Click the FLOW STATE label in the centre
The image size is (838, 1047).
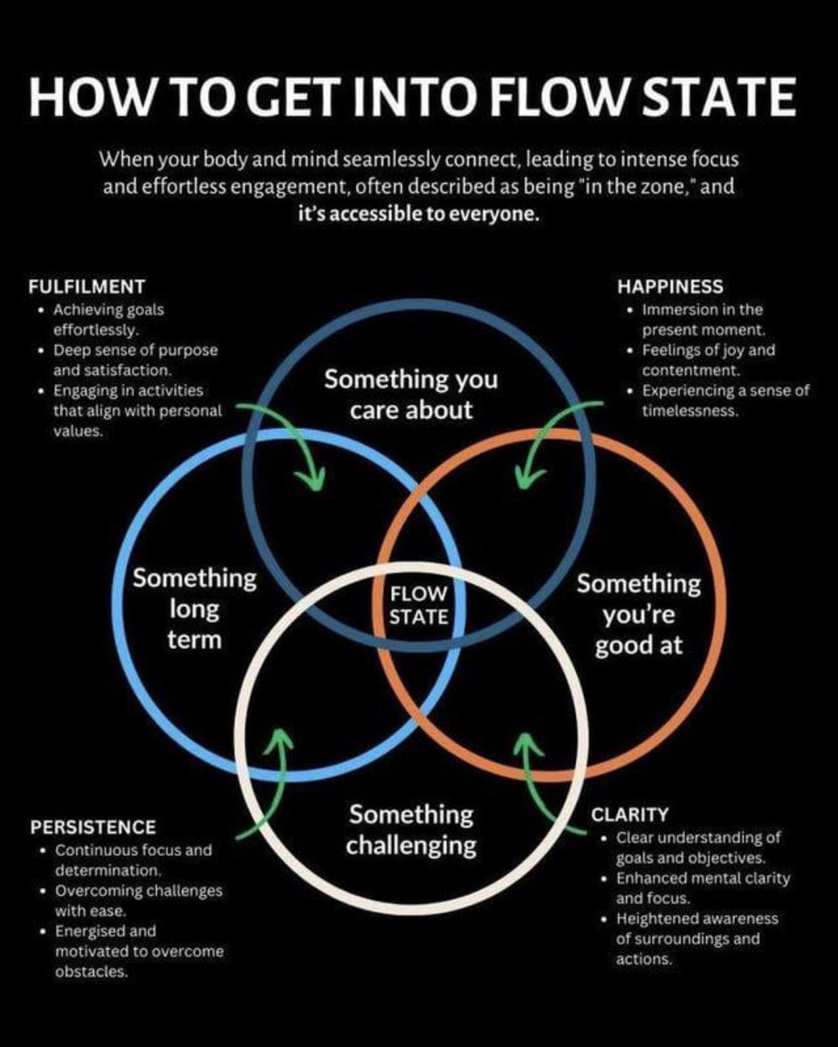[418, 605]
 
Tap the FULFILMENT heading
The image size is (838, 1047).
[86, 286]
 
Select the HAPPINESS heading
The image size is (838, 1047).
[670, 286]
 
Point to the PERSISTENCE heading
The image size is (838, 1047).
[93, 826]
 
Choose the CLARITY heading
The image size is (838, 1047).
[630, 815]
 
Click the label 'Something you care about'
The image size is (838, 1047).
[410, 394]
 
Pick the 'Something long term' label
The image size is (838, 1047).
[195, 608]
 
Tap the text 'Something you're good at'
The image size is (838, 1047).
[638, 613]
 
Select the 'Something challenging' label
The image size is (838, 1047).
[410, 830]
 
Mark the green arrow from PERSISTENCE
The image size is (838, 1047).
[271, 777]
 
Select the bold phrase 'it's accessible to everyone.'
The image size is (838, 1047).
[418, 215]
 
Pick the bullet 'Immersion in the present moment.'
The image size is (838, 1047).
[702, 320]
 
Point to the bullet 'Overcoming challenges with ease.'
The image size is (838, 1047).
[138, 901]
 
